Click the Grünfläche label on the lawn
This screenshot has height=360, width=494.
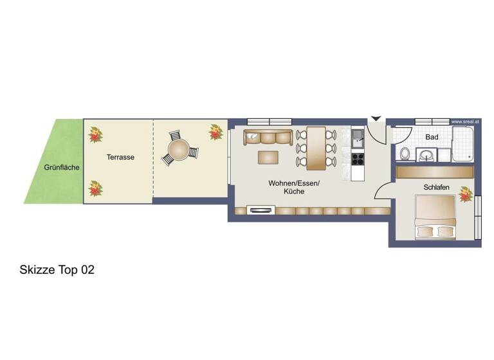pos(62,168)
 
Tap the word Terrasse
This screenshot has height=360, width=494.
pos(120,156)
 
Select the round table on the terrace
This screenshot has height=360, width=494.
pos(179,150)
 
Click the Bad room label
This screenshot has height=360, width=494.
pos(432,137)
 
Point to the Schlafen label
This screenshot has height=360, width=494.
pos(436,187)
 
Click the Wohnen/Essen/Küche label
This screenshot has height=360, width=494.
pos(294,188)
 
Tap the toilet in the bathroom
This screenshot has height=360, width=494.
pos(405,154)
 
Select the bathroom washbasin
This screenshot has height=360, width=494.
pos(426,155)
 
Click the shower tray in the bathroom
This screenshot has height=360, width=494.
pos(462,144)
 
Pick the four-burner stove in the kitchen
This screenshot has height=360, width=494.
pos(358,157)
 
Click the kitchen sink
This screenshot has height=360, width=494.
pos(357,136)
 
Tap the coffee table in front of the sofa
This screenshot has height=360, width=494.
pos(270,157)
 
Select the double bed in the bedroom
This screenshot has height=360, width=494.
pos(435,216)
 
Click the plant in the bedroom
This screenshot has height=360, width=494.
pos(465,194)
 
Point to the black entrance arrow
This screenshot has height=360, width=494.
pos(376,119)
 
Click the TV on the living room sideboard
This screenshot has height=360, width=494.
pos(261,210)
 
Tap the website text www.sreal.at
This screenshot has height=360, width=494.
pos(464,122)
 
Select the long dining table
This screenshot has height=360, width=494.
pos(316,148)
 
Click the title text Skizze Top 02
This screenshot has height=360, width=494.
pos(57,270)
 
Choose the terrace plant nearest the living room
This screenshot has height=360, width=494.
pos(215,132)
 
